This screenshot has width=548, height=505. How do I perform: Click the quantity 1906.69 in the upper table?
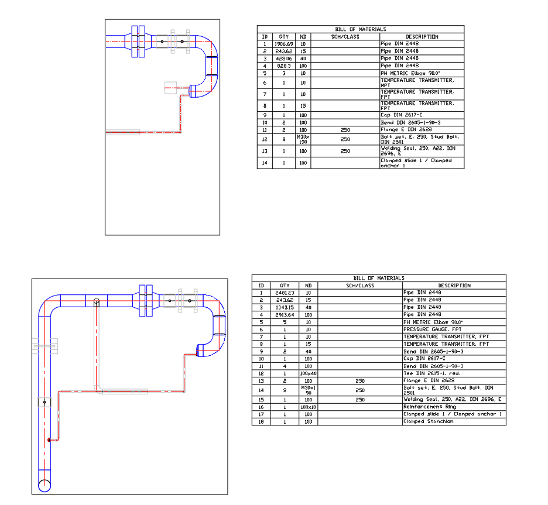(x=284, y=44)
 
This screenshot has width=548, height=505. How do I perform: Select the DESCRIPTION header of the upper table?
(x=422, y=36)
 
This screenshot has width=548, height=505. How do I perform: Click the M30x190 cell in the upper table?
(x=303, y=139)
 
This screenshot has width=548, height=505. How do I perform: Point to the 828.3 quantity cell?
(x=284, y=66)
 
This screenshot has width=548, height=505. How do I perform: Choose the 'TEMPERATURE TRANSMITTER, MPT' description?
(x=417, y=83)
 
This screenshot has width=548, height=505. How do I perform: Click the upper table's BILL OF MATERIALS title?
(x=360, y=29)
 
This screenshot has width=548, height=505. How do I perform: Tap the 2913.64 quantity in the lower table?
(x=285, y=315)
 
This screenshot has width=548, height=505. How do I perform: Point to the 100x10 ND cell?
(x=309, y=407)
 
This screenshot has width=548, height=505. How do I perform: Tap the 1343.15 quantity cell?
(x=285, y=307)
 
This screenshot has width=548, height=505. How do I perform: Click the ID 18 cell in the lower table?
(x=261, y=421)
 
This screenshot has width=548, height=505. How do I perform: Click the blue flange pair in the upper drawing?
(x=138, y=41)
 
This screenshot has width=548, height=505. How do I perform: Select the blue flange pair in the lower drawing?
(x=146, y=301)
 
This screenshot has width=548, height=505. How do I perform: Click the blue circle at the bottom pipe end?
(x=44, y=485)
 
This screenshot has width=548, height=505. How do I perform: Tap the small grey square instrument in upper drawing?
(x=170, y=88)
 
